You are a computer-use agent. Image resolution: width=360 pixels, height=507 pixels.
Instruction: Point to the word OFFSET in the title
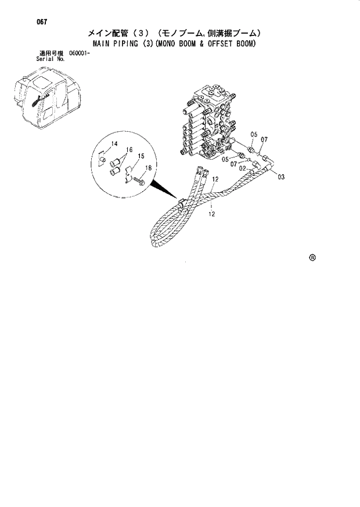tap(224, 44)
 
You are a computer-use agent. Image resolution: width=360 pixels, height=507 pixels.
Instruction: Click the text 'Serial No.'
tap(50, 59)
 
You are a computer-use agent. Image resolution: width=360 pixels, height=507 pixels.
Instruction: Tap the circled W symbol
tap(312, 257)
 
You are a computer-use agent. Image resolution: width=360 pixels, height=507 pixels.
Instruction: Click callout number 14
tap(114, 143)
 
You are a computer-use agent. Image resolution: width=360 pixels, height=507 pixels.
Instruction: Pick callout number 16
tap(129, 149)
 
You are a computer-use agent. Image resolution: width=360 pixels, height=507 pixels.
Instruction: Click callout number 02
tap(244, 168)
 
